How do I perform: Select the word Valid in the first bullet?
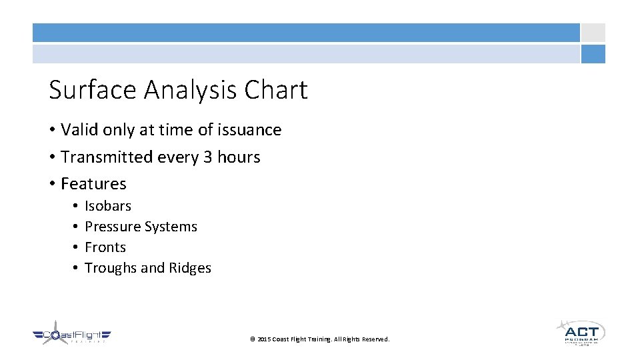click(x=79, y=130)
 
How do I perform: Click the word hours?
click(x=239, y=157)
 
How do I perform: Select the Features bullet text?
click(x=93, y=184)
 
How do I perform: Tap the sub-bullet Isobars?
click(x=108, y=206)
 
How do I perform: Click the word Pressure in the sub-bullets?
click(x=111, y=227)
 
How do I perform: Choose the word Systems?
click(x=169, y=227)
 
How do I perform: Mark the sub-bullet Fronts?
click(x=105, y=247)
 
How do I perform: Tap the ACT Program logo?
click(x=581, y=332)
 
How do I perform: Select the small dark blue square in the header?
click(x=593, y=54)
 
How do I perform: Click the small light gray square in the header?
click(x=593, y=33)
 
